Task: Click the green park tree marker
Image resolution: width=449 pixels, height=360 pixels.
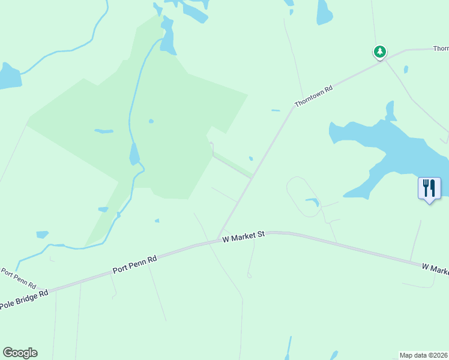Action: (x=379, y=52)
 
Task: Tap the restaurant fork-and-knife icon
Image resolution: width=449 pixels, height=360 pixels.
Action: (x=429, y=188)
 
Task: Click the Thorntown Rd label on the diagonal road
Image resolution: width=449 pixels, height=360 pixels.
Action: (x=313, y=96)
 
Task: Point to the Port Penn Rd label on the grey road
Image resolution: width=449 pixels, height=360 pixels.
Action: (x=134, y=265)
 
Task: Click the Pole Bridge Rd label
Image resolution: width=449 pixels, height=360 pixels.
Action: (x=23, y=300)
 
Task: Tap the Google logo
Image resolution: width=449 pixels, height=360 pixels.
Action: (x=20, y=353)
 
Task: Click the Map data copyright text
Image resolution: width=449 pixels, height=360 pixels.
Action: (x=424, y=355)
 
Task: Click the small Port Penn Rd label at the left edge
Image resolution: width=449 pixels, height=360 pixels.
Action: (x=18, y=277)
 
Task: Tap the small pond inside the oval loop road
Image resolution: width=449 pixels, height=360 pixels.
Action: (x=312, y=202)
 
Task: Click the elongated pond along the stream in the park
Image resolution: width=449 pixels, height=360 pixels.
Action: (x=134, y=155)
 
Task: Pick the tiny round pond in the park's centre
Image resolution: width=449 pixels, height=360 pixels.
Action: (x=151, y=121)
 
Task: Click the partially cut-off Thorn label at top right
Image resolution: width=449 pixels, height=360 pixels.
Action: (x=441, y=49)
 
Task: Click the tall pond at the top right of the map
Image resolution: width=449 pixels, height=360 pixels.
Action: (x=324, y=12)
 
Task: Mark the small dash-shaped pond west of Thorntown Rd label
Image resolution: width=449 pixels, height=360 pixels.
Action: (x=276, y=110)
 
